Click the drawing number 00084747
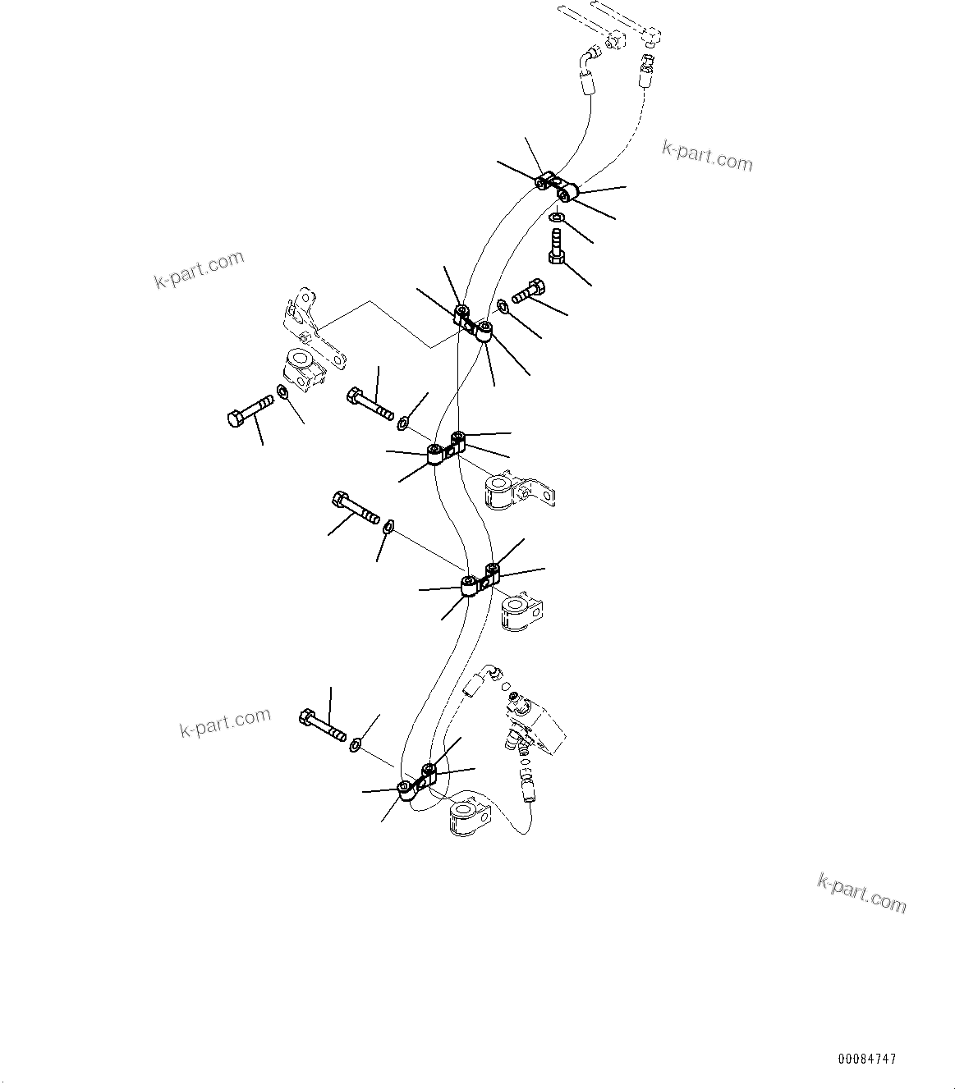point(867,1059)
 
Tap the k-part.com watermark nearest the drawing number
point(862,892)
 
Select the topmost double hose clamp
point(557,185)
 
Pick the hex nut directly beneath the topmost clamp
point(556,218)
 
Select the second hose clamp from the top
point(473,321)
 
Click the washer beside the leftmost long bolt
point(282,391)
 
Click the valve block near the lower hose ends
point(535,721)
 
